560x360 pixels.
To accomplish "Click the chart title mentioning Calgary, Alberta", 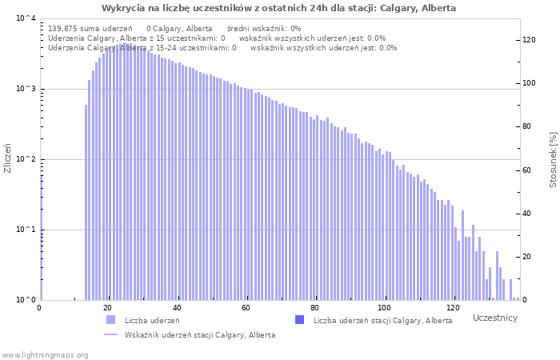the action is coord(278,8).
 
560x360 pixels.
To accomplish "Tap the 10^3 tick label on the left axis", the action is coord(26,89).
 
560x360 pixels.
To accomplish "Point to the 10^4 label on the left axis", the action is coord(26,18).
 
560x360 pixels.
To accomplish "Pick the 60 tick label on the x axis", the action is coord(246,307).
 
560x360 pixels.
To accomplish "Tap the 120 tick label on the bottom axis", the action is coord(454,307).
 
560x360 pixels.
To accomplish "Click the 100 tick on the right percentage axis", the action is coord(530,83).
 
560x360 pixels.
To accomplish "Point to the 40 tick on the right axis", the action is coord(527,214).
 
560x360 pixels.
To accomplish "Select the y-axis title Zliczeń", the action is coord(7,158).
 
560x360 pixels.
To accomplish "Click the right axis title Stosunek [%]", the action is coord(553,160).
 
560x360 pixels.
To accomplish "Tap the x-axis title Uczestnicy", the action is coord(495,318).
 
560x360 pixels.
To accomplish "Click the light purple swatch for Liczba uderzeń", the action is coord(110,320).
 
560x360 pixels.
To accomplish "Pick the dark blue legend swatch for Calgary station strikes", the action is coord(300,320).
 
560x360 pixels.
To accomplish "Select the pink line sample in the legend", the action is coord(110,334).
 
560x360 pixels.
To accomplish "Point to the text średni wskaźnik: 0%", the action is coord(264,29).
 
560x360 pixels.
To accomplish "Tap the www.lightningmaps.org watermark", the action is coord(46,355).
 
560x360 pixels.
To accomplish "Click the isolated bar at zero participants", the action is coord(42,238).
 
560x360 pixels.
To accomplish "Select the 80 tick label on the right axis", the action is coord(527,126).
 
